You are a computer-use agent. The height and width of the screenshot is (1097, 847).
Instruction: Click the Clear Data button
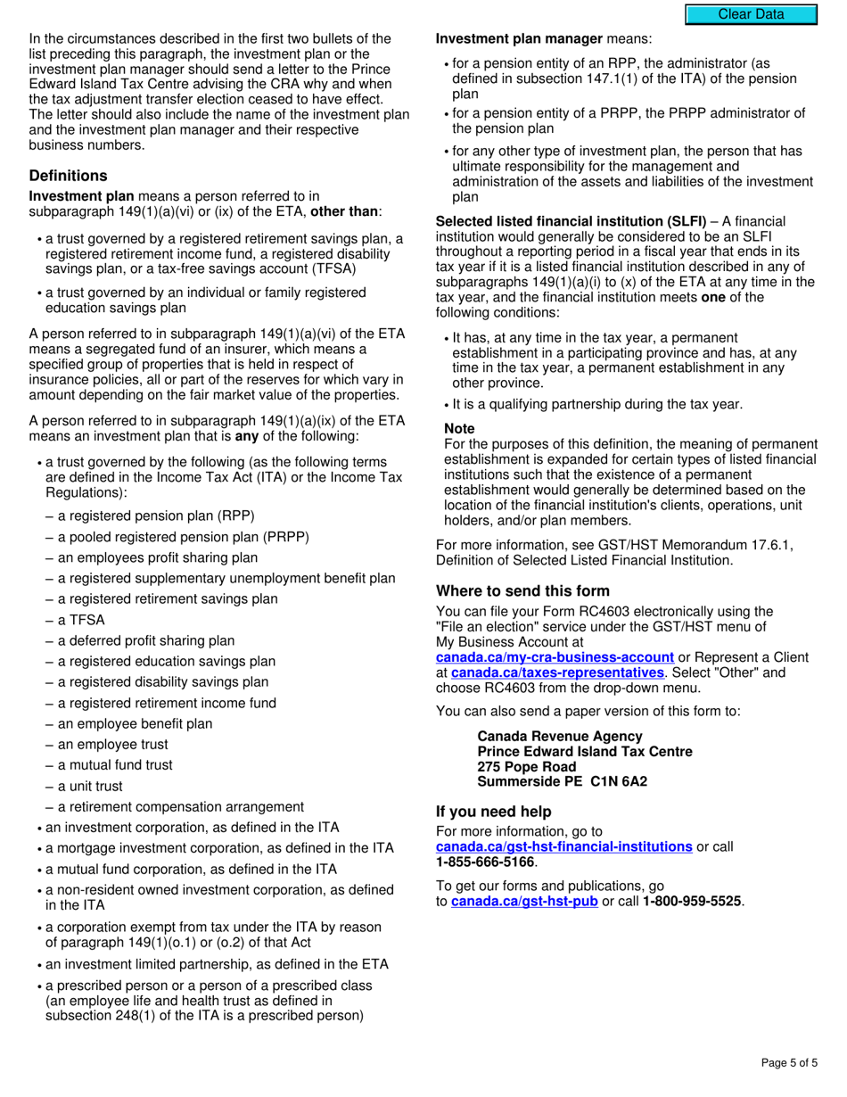click(x=751, y=14)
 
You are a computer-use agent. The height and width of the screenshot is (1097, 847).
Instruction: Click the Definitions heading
click(x=68, y=176)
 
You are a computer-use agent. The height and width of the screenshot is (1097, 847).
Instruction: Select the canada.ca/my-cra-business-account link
click(x=555, y=657)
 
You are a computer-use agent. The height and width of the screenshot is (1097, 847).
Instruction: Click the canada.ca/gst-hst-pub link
click(x=524, y=902)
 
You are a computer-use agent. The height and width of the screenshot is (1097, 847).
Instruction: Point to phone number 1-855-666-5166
click(x=485, y=862)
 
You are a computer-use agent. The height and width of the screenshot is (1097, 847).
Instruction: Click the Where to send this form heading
click(x=522, y=591)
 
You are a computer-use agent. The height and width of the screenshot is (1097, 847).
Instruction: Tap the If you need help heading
click(x=493, y=812)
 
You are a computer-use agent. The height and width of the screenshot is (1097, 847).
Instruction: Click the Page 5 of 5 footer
click(x=789, y=1063)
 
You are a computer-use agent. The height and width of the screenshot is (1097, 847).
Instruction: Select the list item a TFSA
click(x=80, y=620)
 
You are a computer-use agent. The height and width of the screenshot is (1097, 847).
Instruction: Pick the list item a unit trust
click(x=90, y=787)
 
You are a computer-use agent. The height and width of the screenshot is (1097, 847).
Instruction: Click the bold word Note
click(x=459, y=429)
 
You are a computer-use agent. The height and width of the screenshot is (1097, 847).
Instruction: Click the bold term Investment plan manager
click(x=519, y=39)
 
